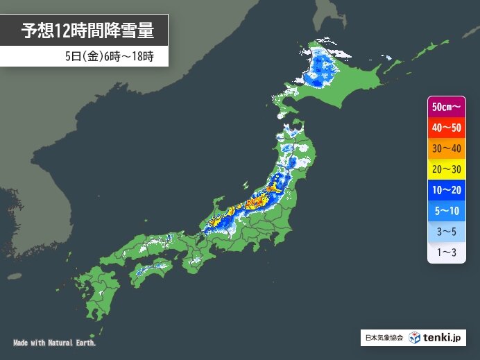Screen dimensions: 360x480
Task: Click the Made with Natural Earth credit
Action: point(55,343)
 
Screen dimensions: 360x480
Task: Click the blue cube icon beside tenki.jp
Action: point(415,338)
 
